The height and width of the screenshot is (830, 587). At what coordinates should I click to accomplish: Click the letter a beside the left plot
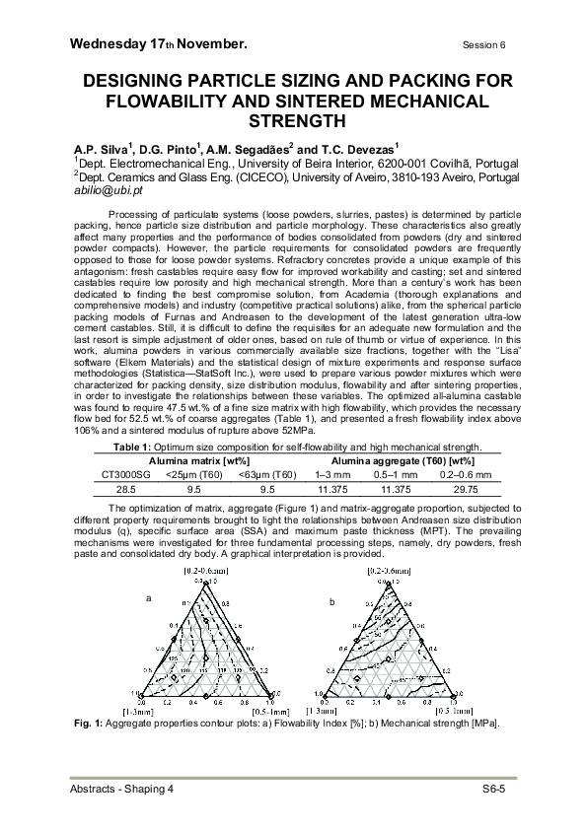click(149, 598)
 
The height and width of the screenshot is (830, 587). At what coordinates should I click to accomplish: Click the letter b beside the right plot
click(331, 600)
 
